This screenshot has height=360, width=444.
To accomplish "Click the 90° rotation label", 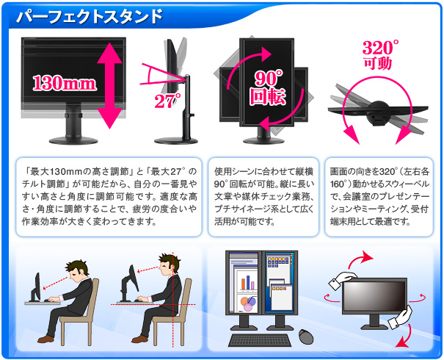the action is [268, 78].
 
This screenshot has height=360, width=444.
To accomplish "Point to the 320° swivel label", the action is [379, 48].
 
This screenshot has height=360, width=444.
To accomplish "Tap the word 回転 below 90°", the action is [268, 96].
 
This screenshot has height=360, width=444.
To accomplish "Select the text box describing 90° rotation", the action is [263, 195].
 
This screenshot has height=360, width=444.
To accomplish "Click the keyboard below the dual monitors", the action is [258, 340].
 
